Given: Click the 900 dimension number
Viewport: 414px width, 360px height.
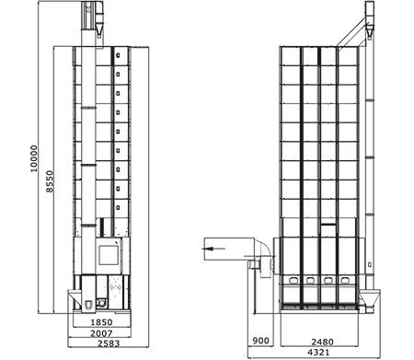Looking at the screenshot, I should click(x=261, y=341).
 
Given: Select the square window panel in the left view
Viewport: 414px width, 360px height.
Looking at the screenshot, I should click(x=108, y=250).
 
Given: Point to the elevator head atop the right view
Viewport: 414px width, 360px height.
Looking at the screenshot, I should click(x=368, y=19).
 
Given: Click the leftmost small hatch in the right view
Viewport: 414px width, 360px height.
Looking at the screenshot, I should click(x=293, y=280).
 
